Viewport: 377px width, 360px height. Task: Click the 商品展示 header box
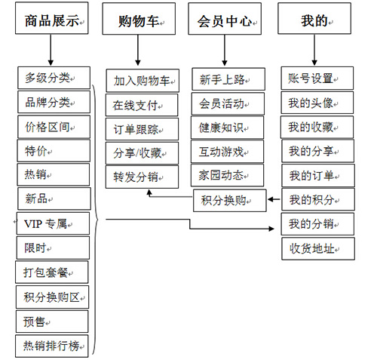[52, 18]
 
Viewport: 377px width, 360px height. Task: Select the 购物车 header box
[139, 19]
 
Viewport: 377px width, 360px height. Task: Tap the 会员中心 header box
[225, 19]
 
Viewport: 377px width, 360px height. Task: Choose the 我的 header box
[314, 18]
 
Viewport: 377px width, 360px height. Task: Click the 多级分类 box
[54, 78]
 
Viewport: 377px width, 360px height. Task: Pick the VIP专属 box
[53, 223]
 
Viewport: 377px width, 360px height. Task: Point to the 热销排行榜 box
[52, 346]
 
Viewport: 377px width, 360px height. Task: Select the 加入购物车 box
[143, 81]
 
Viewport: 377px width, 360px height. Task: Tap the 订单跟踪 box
[142, 129]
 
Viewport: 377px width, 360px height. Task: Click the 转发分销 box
[142, 177]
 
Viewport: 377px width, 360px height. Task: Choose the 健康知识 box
[227, 128]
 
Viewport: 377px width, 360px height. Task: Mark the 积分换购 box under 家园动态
[230, 201]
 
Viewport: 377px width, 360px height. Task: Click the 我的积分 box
[318, 199]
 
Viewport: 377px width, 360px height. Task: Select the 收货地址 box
[318, 248]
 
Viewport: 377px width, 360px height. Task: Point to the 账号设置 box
[317, 78]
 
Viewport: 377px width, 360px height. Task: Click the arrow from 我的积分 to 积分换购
[274, 199]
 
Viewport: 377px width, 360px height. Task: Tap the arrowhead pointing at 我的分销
[271, 229]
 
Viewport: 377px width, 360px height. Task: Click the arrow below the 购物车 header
[138, 50]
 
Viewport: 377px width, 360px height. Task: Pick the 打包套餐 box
[52, 272]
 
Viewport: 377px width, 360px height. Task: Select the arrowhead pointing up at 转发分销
[149, 192]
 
